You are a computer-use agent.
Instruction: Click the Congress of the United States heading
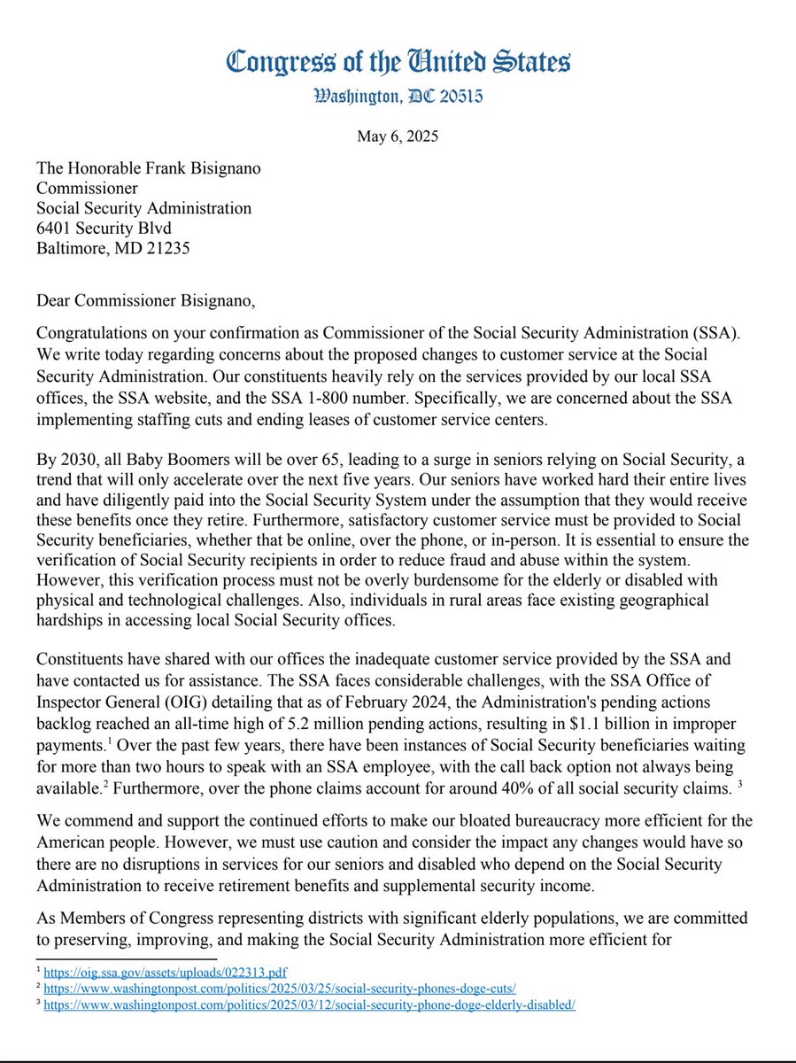click(398, 62)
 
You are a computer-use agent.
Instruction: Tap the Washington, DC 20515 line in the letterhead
click(398, 97)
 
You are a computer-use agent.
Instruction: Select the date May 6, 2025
click(398, 137)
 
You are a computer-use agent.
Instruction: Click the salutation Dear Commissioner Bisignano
click(145, 302)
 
